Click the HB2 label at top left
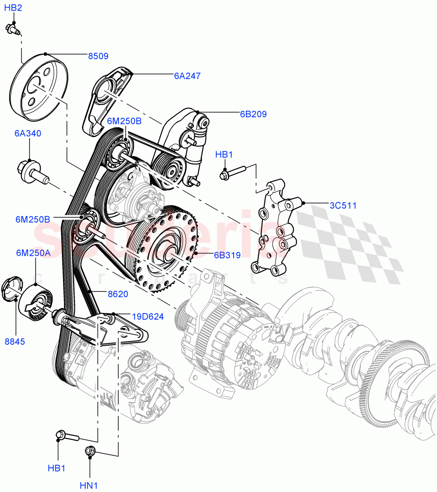pos(13,7)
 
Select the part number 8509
pos(98,56)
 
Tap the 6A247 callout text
pos(187,75)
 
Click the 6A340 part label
pos(27,133)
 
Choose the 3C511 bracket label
pos(343,205)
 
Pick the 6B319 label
pos(227,255)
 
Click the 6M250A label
pos(33,253)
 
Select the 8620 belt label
pos(118,294)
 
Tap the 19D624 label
pos(148,316)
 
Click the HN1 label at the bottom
pos(89,485)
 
